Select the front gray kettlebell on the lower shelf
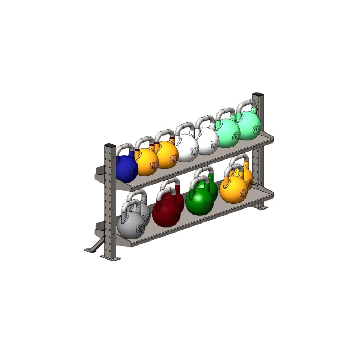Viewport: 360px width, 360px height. tap(130, 225)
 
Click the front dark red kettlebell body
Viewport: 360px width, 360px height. tap(166, 212)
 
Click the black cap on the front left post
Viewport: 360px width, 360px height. tap(110, 145)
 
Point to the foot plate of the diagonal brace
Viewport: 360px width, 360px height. tap(89, 249)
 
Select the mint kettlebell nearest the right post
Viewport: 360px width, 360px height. tap(249, 126)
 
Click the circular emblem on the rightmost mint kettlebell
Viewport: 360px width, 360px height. tap(256, 129)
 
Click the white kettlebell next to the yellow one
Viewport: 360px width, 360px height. tap(187, 148)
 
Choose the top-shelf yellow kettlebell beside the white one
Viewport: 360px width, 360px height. tap(167, 155)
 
